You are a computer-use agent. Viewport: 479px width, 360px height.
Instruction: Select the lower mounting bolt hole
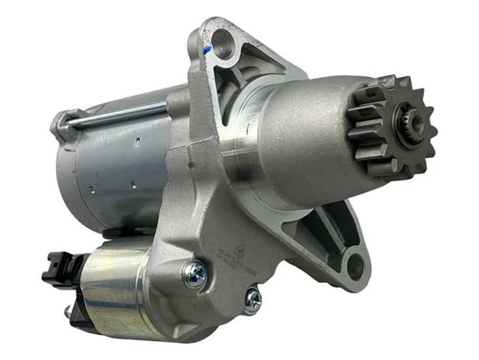pos(354,266)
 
